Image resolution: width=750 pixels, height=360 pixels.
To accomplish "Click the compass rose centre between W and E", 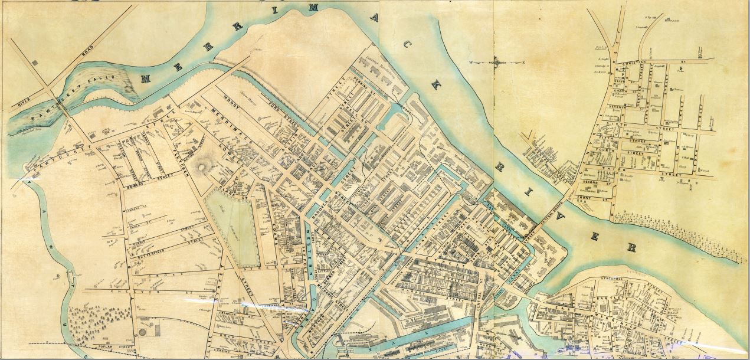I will pyautogui.click(x=497, y=62).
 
